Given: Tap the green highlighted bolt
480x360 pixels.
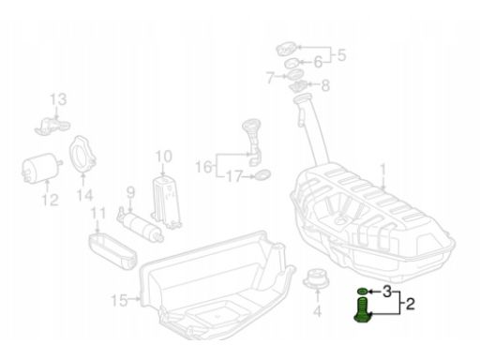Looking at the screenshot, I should coord(361,307).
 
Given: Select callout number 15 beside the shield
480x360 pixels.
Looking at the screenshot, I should coord(143,300).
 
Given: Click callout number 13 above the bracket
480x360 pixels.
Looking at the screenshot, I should coord(58,99).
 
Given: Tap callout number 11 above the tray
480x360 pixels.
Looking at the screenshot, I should coord(97,217).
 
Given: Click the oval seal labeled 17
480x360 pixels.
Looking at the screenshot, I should coord(262,174).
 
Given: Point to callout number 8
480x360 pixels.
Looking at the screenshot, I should coord(325,85).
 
